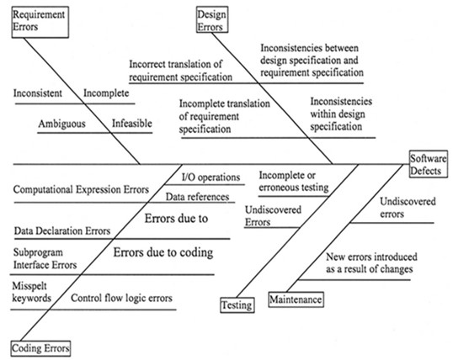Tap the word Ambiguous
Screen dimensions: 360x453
tap(62, 124)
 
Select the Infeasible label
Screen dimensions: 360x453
tap(132, 124)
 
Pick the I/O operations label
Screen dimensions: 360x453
tap(211, 177)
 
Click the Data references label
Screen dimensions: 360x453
tap(197, 197)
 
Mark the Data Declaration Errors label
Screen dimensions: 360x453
tap(62, 230)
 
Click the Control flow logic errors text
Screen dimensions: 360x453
tap(122, 298)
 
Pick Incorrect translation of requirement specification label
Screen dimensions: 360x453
tap(181, 71)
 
